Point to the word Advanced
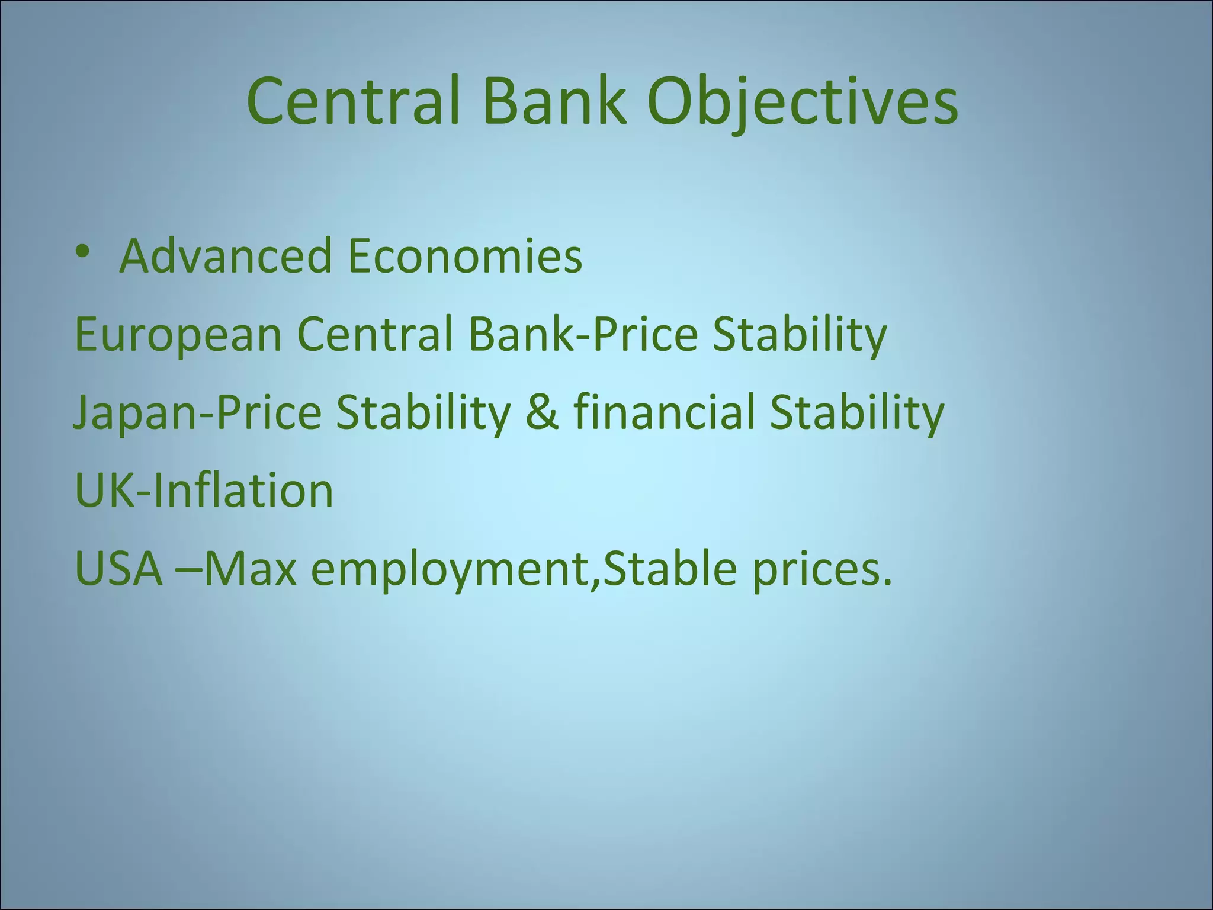[x=225, y=256]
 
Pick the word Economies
[x=465, y=256]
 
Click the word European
[x=178, y=335]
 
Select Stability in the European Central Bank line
[x=799, y=335]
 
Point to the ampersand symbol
[x=541, y=413]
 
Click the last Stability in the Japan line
[x=856, y=413]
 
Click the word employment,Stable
[x=525, y=570]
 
